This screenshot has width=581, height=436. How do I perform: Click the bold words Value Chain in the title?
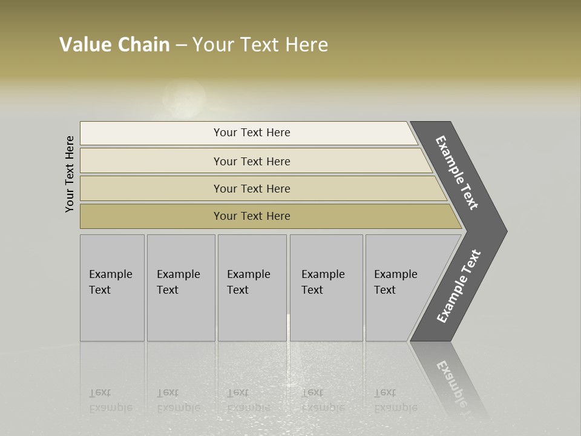114,45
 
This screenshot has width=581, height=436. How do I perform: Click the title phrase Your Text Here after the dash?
260,45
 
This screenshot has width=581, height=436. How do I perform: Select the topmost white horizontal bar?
151,133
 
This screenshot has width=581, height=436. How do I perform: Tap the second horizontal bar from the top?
151,161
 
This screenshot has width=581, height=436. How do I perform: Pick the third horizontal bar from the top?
151,188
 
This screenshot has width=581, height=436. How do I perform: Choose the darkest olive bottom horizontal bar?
151,216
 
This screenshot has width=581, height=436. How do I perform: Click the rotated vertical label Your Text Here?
70,174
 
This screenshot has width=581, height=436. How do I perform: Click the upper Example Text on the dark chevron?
457,173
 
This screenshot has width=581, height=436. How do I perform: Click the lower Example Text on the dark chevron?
459,286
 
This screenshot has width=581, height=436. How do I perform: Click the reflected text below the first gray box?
110,400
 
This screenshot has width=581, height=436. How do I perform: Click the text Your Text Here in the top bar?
252,133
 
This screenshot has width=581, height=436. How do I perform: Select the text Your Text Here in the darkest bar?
252,216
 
